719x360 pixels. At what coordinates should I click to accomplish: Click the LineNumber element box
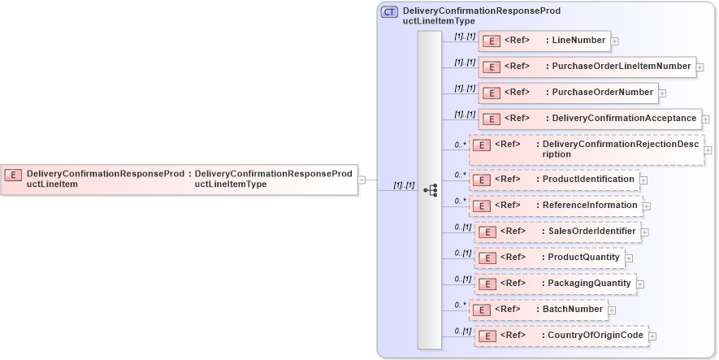[544, 41]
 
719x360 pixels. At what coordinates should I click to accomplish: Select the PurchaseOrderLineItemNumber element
[587, 67]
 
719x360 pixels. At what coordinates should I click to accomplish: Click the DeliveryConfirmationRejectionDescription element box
[586, 150]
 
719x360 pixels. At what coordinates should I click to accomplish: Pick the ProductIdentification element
[553, 179]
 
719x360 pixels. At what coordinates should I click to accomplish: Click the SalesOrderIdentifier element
[557, 232]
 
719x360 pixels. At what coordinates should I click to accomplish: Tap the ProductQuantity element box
[548, 258]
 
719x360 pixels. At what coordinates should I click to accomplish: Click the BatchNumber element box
[538, 310]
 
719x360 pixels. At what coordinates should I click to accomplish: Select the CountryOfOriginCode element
[561, 335]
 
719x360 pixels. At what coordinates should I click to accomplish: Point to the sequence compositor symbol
[431, 190]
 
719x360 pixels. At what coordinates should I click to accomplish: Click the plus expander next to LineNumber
[615, 41]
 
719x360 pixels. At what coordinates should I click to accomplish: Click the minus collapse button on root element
[362, 180]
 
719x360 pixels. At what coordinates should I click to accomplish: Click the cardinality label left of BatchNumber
[461, 306]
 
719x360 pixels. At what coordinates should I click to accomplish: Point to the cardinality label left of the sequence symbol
[404, 185]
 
